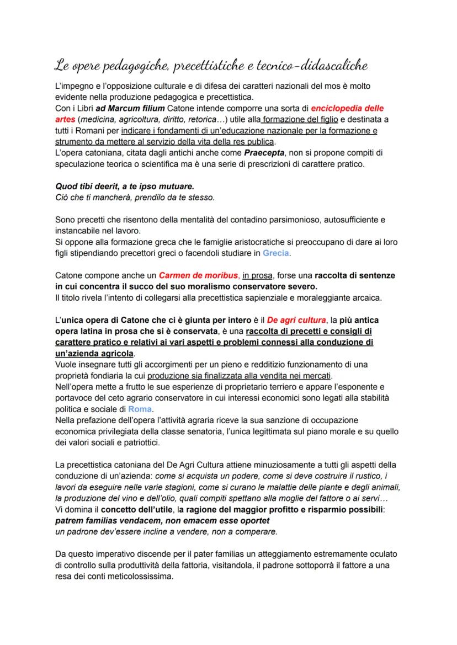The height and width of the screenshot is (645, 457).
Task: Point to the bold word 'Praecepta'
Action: pos(262,151)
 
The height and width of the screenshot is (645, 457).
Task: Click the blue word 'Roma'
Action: pos(140,409)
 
